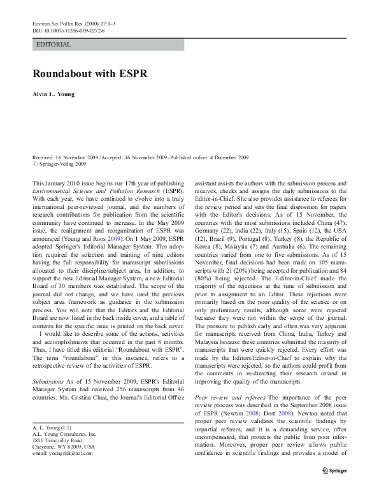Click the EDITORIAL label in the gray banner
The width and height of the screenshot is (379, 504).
pos(54,45)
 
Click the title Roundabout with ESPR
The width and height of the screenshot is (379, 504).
pos(90,74)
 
